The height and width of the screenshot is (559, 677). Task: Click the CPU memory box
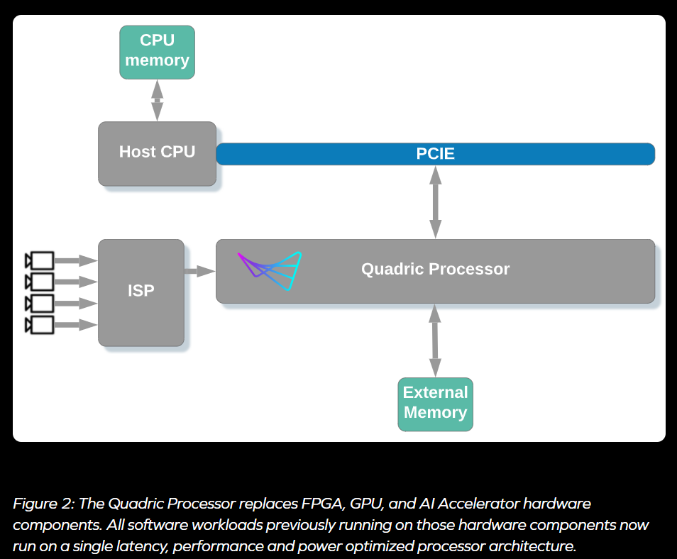coord(157,52)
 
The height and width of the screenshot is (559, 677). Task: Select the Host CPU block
coord(157,153)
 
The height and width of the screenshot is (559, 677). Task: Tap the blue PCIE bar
coord(435,154)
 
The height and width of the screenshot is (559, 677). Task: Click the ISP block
coord(141,292)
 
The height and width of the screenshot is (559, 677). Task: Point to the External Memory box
coord(435,404)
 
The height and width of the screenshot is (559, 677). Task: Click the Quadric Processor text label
coord(435,270)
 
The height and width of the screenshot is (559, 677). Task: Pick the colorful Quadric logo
coord(270,270)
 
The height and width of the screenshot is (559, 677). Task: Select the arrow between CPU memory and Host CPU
coord(157,100)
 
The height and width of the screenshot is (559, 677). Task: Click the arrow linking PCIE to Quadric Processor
coord(435,201)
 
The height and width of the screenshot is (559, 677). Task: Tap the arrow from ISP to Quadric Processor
coord(199,270)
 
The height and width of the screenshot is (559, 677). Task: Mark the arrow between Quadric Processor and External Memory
coord(435,341)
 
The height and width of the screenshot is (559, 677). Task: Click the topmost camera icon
coord(39,260)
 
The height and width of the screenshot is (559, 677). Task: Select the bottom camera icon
coord(39,326)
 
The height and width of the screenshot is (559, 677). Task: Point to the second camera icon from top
coord(39,282)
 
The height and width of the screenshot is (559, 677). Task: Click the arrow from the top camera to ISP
coord(75,260)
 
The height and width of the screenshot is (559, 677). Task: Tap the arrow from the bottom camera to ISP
coord(75,326)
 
